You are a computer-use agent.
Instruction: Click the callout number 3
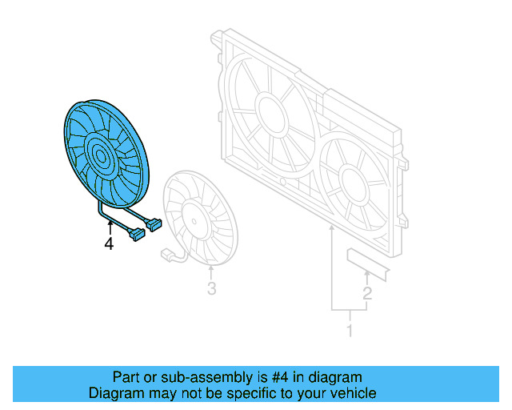point(212,288)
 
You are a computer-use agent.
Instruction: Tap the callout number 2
point(366,293)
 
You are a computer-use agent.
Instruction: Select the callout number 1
point(349,329)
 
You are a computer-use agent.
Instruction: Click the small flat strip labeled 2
point(368,264)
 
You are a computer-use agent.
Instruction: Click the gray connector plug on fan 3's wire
point(167,256)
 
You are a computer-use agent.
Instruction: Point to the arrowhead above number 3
point(211,267)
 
